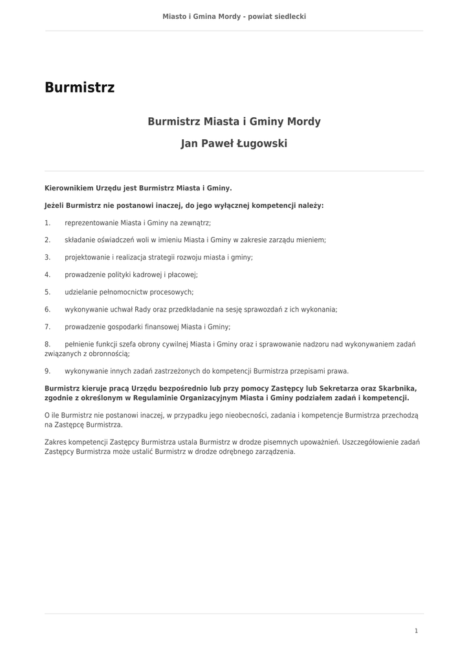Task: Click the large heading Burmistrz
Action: pyautogui.click(x=80, y=87)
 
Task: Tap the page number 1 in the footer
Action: pyautogui.click(x=416, y=631)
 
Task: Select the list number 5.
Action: pyautogui.click(x=48, y=292)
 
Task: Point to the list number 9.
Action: pyautogui.click(x=48, y=371)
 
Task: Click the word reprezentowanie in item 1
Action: pyautogui.click(x=91, y=222)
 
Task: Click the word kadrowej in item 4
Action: pyautogui.click(x=147, y=275)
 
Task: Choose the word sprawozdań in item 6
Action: pyautogui.click(x=264, y=309)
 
